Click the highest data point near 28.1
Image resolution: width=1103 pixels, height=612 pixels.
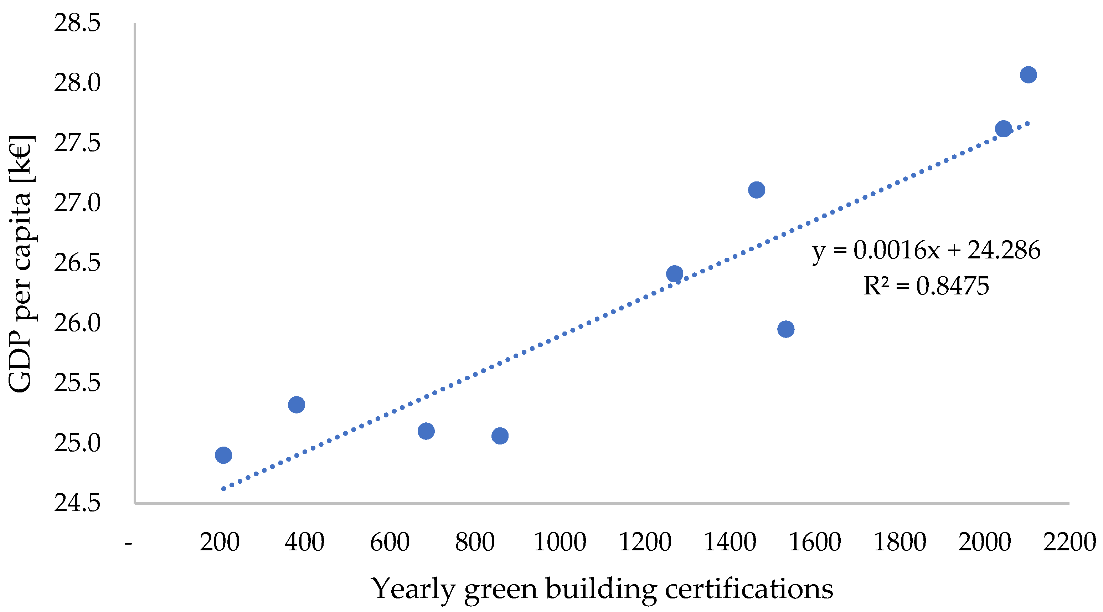tap(1028, 74)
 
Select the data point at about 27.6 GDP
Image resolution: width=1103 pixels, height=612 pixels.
tap(1003, 128)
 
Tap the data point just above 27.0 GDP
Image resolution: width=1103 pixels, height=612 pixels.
tap(757, 190)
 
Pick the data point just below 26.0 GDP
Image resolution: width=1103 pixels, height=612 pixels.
tap(786, 329)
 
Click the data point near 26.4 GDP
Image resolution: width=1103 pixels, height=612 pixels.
tap(674, 273)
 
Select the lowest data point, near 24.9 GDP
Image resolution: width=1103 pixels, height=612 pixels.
tap(223, 455)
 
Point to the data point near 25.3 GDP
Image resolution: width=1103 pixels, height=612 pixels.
tap(296, 404)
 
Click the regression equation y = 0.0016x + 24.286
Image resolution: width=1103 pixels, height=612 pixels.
tap(926, 250)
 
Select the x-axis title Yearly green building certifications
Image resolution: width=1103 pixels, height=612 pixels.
tap(602, 589)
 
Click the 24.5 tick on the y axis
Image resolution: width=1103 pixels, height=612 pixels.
tap(77, 503)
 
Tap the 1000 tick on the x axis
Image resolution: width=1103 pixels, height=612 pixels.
tap(559, 542)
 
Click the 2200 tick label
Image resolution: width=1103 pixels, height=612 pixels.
tap(1069, 542)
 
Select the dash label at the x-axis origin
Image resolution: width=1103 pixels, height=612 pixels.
tap(128, 543)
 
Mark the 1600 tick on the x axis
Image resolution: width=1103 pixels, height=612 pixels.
tap(814, 542)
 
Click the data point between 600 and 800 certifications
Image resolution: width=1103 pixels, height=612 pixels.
tap(426, 431)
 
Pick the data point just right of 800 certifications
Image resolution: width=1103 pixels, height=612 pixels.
tap(500, 436)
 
